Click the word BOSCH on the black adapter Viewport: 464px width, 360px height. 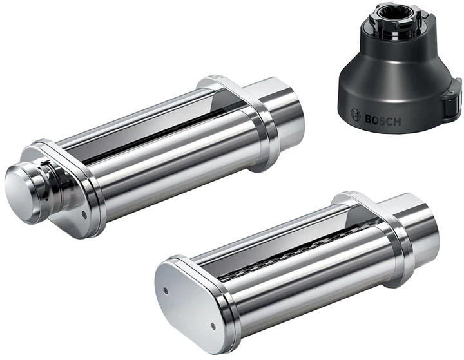click(x=383, y=120)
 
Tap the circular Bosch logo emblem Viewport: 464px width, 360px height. click(x=355, y=115)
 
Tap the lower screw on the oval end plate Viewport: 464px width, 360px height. click(x=213, y=326)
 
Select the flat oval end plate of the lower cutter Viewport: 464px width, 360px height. click(x=189, y=306)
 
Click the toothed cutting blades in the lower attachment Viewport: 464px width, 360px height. click(x=296, y=251)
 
